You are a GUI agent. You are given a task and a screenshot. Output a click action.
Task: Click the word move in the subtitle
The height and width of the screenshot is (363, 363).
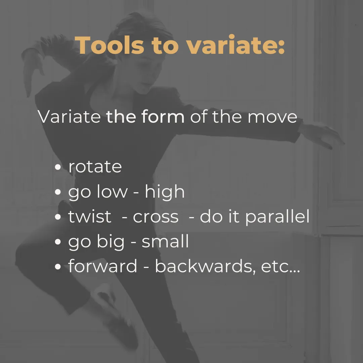coord(272,117)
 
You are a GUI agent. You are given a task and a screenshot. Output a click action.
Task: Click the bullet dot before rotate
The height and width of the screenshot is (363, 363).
coord(58,167)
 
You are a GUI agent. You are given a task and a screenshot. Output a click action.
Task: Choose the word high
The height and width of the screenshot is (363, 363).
coord(165,192)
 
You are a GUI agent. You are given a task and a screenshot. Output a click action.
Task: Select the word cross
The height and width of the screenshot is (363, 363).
coord(156,217)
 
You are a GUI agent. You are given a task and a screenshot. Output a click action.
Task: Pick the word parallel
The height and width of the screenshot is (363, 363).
coord(277,216)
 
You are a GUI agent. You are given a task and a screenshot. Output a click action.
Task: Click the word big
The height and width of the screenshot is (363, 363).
coord(111,241)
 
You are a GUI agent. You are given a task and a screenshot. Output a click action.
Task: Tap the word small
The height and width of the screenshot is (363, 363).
coord(165,241)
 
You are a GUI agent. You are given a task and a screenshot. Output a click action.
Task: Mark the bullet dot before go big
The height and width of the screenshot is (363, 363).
coord(58,242)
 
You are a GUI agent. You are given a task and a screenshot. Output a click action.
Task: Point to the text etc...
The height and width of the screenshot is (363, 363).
coord(280,267)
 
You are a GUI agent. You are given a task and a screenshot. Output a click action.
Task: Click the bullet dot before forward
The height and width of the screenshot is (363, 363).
coord(58,267)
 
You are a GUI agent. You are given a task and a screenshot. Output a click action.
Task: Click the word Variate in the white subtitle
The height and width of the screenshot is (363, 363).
coord(69,116)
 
